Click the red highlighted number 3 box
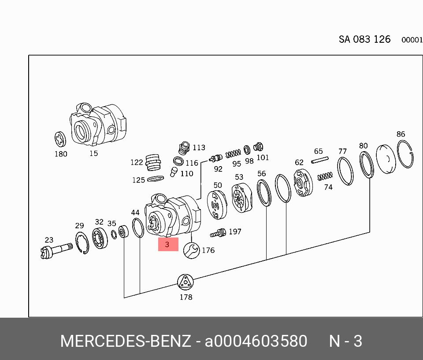pyautogui.click(x=168, y=244)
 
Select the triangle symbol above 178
pyautogui.click(x=186, y=282)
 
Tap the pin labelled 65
pyautogui.click(x=320, y=160)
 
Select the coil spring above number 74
pyautogui.click(x=325, y=176)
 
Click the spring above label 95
pyautogui.click(x=233, y=154)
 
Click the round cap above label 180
pyautogui.click(x=60, y=139)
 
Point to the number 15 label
pyautogui.click(x=93, y=153)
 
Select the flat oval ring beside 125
pyautogui.click(x=155, y=179)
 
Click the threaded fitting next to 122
pyautogui.click(x=152, y=161)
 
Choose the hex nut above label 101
pyautogui.click(x=259, y=147)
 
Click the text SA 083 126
pyautogui.click(x=364, y=39)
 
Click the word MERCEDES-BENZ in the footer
pyautogui.click(x=126, y=341)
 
